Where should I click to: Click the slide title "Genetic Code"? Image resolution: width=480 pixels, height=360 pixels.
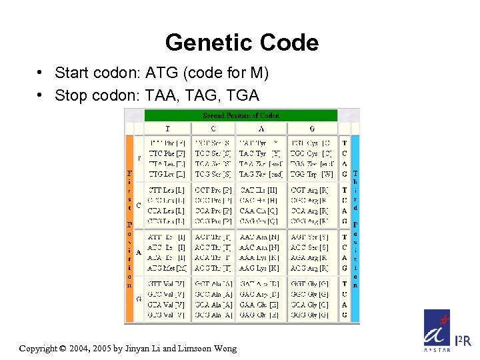(241, 43)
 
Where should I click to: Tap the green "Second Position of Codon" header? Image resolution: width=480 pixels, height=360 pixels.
(241, 115)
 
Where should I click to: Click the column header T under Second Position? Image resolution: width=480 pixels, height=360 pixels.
(167, 129)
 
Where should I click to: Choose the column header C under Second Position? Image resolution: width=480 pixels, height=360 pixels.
(213, 129)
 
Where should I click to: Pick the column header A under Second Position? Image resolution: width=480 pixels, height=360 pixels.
(261, 129)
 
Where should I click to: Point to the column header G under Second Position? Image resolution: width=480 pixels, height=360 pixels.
(311, 129)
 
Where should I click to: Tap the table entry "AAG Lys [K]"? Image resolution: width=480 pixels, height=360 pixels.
(260, 268)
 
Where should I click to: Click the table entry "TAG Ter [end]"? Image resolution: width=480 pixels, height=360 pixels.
(260, 175)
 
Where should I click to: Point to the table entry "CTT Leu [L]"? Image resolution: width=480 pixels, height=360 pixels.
(167, 190)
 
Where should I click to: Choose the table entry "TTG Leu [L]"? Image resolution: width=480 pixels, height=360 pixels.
(167, 175)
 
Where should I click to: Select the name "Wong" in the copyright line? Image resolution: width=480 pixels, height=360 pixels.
(223, 348)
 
